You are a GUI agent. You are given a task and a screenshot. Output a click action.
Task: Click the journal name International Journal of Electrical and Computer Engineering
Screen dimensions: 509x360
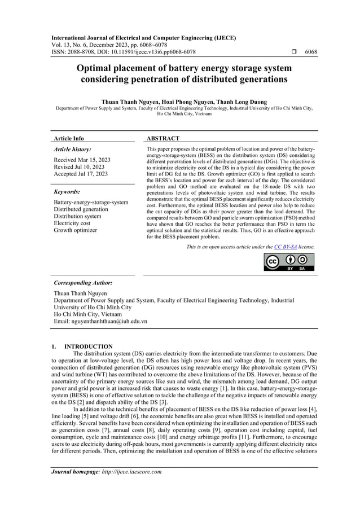click(143, 38)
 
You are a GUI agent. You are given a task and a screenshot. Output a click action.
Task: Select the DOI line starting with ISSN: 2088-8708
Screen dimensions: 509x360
click(124, 52)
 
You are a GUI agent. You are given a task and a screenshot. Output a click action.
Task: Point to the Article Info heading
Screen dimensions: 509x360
click(69, 138)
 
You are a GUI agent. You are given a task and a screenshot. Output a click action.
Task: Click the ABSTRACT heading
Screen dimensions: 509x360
click(163, 138)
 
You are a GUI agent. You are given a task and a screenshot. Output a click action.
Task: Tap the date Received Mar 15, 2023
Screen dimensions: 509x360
click(82, 160)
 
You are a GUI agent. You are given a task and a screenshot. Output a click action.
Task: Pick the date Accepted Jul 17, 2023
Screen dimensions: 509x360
click(81, 174)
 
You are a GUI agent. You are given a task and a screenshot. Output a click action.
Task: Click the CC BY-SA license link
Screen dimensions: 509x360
click(285, 247)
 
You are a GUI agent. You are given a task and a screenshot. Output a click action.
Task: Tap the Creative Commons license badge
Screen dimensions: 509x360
click(289, 262)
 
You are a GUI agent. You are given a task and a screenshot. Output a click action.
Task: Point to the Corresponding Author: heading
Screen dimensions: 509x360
click(82, 282)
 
